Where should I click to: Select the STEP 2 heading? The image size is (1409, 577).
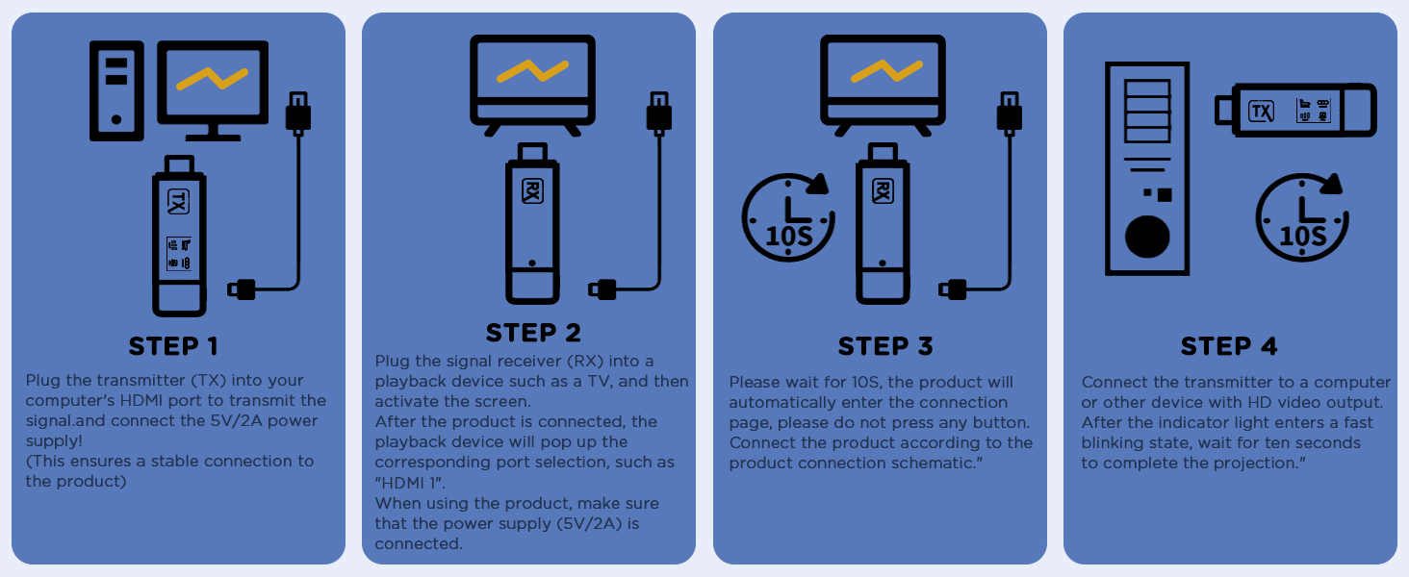click(533, 333)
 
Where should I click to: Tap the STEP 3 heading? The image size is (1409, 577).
click(885, 346)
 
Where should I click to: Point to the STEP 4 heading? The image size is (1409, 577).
click(1229, 346)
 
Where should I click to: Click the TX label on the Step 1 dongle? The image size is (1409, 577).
click(179, 201)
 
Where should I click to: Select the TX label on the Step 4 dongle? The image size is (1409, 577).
click(1261, 111)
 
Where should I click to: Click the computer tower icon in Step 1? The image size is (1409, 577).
click(116, 90)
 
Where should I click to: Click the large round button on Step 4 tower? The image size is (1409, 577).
click(1147, 236)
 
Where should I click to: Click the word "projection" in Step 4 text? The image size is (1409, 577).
click(1253, 463)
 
